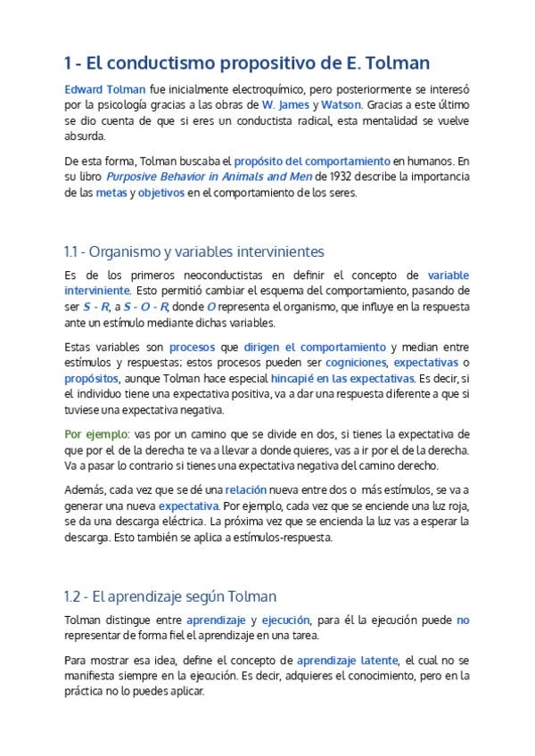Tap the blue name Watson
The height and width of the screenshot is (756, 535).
coord(341,105)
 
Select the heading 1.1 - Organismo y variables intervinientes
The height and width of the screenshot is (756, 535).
coord(194,251)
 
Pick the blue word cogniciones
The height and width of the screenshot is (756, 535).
coord(356,363)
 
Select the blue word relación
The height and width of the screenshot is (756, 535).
coord(245,489)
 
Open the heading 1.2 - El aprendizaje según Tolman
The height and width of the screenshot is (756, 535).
coord(170,596)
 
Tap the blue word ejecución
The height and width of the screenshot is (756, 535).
coord(285,620)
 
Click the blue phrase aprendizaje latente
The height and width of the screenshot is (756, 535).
coord(348,660)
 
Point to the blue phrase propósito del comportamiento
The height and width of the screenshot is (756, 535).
coord(312,161)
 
